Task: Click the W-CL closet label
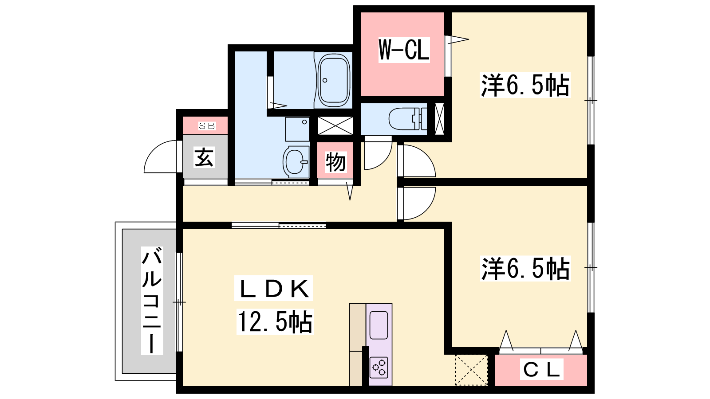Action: [x=404, y=50]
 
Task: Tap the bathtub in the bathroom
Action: [x=334, y=80]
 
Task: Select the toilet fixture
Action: [x=408, y=119]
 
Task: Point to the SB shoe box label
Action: [x=207, y=126]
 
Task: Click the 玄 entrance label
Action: [x=204, y=157]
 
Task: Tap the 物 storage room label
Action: [x=335, y=162]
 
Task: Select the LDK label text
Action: [x=274, y=288]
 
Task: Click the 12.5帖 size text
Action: [x=275, y=322]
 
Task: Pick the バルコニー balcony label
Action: [x=152, y=301]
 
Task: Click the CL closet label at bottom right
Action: [x=541, y=369]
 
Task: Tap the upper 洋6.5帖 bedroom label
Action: [x=525, y=85]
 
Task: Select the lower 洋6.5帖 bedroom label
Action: [x=525, y=269]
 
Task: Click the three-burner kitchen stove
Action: [x=379, y=368]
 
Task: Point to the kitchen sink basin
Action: [x=379, y=325]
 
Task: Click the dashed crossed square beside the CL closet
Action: [x=471, y=370]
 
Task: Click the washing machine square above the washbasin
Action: [x=297, y=129]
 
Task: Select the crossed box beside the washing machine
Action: [x=335, y=126]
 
